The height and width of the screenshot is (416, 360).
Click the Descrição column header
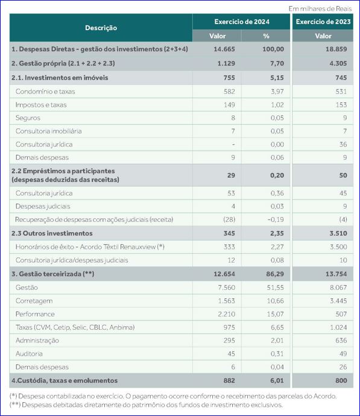click(x=101, y=28)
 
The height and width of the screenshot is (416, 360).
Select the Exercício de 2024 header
click(x=242, y=22)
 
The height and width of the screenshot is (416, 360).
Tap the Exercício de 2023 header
click(x=323, y=22)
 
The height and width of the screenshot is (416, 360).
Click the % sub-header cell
click(x=266, y=36)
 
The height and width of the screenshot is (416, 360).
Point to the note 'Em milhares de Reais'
click(x=320, y=9)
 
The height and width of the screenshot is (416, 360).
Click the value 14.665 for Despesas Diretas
click(x=224, y=49)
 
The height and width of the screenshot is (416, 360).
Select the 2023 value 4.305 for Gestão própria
click(x=338, y=63)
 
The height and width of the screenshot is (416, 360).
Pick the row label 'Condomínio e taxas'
click(x=45, y=92)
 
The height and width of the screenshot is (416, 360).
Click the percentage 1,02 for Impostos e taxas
click(x=277, y=105)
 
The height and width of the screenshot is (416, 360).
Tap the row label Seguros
click(x=28, y=118)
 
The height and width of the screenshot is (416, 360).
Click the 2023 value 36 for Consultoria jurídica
click(x=343, y=144)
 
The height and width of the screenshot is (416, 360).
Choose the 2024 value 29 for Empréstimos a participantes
click(x=231, y=175)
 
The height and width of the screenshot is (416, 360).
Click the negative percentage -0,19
click(x=276, y=219)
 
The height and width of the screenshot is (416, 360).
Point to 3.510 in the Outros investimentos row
click(x=338, y=233)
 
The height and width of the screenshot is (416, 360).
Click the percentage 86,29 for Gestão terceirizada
click(x=275, y=274)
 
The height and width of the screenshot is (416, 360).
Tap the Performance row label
click(x=35, y=314)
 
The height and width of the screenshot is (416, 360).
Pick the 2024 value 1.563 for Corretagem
click(x=226, y=301)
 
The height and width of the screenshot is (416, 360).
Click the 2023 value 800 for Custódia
click(x=341, y=380)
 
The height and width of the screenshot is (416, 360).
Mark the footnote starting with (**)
click(x=146, y=405)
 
